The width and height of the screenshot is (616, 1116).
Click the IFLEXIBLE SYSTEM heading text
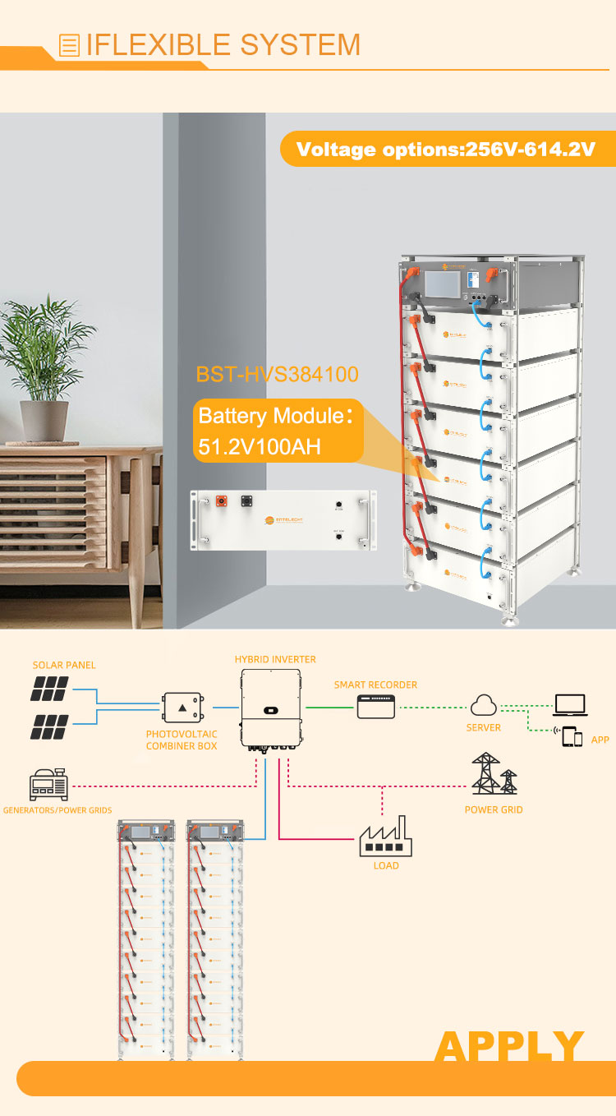point(223,44)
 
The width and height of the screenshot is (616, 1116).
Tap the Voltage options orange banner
point(445,150)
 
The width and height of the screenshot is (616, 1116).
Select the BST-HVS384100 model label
point(277,375)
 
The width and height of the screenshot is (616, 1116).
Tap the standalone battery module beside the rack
point(283,520)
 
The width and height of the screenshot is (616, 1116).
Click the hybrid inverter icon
point(270,707)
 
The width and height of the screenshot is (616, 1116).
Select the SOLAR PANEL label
point(60,665)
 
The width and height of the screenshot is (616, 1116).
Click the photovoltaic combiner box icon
point(182,708)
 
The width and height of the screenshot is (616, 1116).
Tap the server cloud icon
point(483,704)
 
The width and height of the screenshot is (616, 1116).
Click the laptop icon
point(570,705)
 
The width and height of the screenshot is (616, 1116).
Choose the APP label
point(600,740)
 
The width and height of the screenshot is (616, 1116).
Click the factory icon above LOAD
point(386,836)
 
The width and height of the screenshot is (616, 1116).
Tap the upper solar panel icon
point(49,689)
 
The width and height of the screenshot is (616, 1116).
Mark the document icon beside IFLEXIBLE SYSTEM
point(71,45)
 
